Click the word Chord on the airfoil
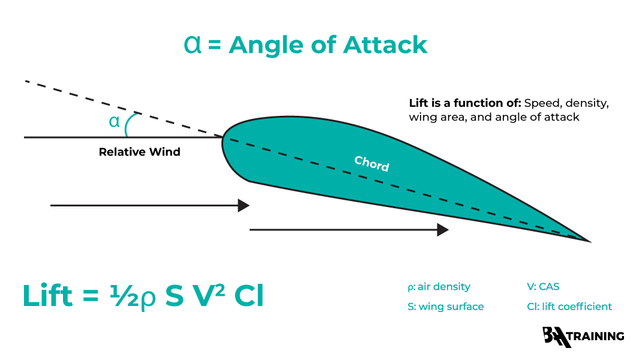pos(371,164)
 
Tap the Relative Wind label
pos(139,152)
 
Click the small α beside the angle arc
pos(114,122)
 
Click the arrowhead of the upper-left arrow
pos(243,205)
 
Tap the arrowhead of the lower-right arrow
pos(443,230)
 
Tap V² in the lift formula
pos(207,296)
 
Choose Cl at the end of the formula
pos(248,296)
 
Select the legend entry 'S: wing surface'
pos(445,307)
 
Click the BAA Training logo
pos(583,337)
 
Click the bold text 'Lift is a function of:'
pos(457,103)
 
